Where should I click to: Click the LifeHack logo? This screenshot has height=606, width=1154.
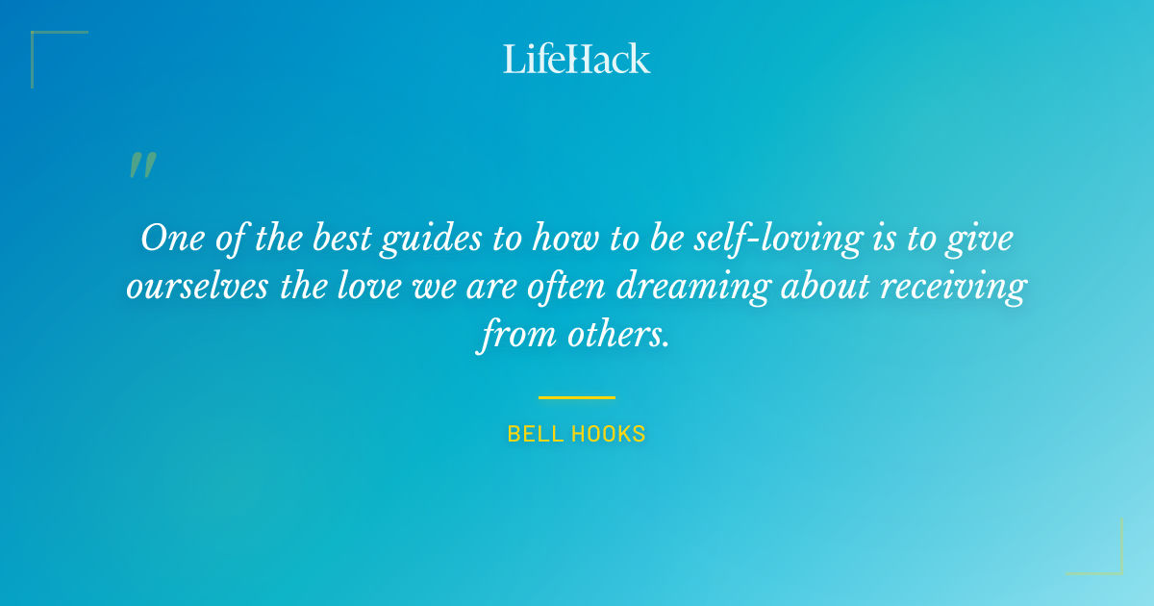[577, 59]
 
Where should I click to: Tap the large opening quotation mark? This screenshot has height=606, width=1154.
[141, 165]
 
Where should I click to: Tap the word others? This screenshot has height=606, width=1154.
[613, 337]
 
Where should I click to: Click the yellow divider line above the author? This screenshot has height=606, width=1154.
[577, 396]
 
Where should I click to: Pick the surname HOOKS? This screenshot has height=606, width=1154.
[609, 434]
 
